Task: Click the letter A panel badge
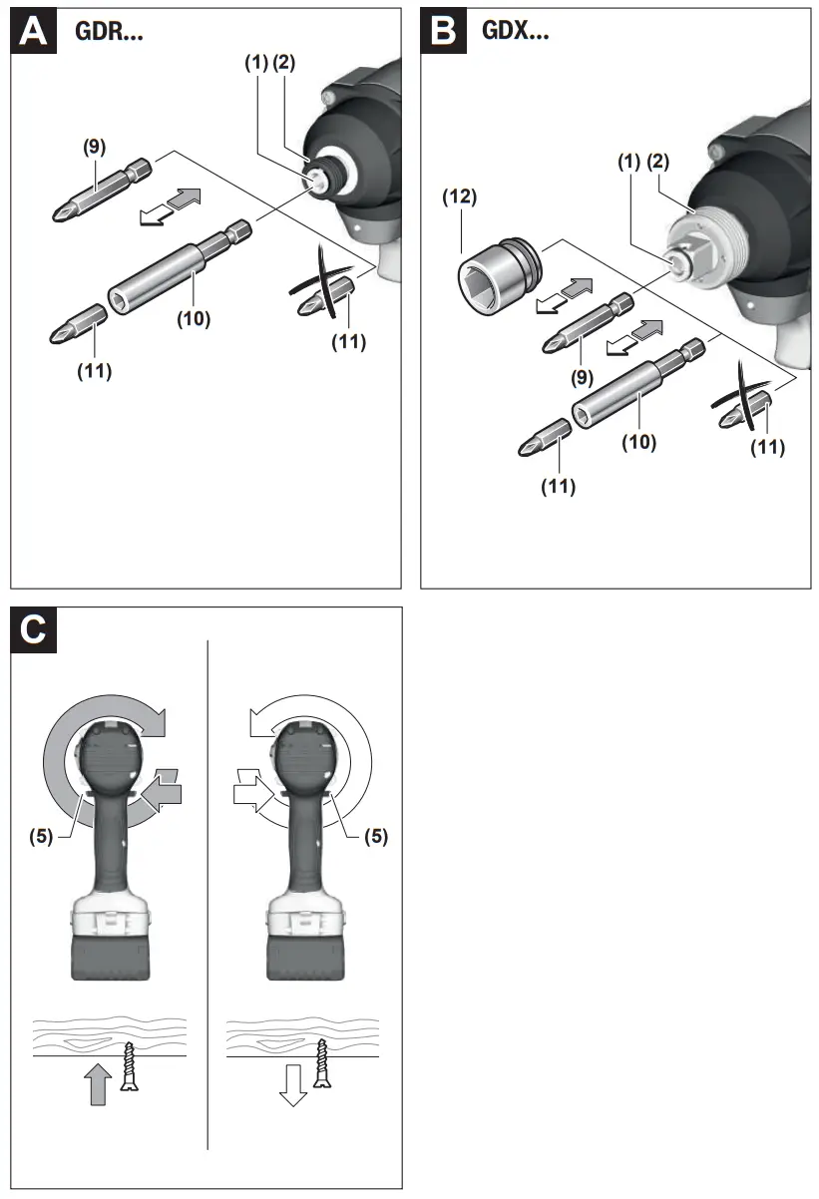point(34,31)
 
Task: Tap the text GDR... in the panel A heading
point(110,31)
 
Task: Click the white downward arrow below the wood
point(291,1085)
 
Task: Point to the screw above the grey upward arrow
point(128,1064)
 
